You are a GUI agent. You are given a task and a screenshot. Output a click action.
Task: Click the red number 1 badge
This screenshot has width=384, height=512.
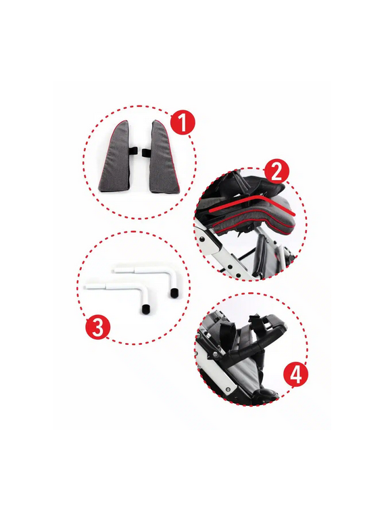(x=183, y=123)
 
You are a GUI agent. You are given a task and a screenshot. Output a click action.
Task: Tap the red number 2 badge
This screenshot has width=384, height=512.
(x=277, y=172)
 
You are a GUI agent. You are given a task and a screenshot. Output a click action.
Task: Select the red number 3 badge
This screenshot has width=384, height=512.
(x=98, y=327)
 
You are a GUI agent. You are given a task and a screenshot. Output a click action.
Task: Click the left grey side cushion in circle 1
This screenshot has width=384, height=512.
(x=116, y=158)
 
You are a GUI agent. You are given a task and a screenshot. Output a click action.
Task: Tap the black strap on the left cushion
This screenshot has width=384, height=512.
(x=133, y=151)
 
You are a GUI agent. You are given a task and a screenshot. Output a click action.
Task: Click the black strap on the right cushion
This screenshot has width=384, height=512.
(x=147, y=152)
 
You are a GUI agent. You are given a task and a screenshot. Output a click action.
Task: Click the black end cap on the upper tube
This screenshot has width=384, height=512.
(x=174, y=294)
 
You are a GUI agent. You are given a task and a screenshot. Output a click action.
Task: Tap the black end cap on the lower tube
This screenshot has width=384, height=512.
(x=146, y=310)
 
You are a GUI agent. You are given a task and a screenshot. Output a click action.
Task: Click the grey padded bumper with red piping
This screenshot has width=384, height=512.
(x=254, y=218)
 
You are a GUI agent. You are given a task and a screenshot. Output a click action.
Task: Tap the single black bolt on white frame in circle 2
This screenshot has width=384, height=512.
(x=203, y=239)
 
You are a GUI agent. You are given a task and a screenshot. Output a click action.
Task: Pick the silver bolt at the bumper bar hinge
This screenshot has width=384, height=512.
(x=216, y=354)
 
